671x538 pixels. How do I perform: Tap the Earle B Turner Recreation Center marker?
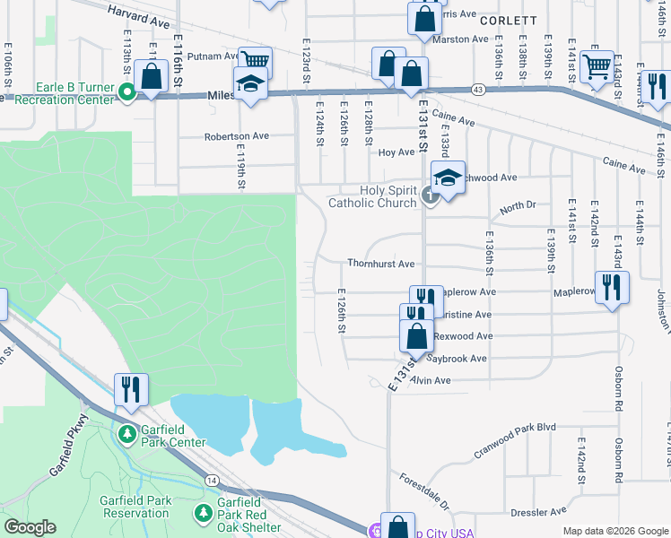(127, 91)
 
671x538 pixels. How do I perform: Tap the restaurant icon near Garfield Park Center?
(131, 390)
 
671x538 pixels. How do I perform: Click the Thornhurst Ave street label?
(381, 265)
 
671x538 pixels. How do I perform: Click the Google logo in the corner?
(30, 527)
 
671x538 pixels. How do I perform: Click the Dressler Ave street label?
(538, 512)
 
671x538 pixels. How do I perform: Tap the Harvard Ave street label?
(138, 13)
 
